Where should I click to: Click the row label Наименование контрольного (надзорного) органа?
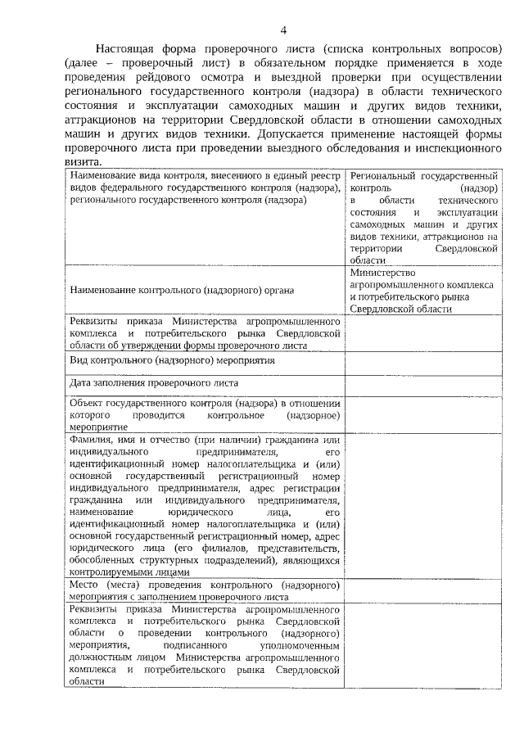pos(182,290)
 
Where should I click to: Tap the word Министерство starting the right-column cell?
pos(382,273)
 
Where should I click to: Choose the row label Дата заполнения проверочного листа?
pos(154,383)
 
